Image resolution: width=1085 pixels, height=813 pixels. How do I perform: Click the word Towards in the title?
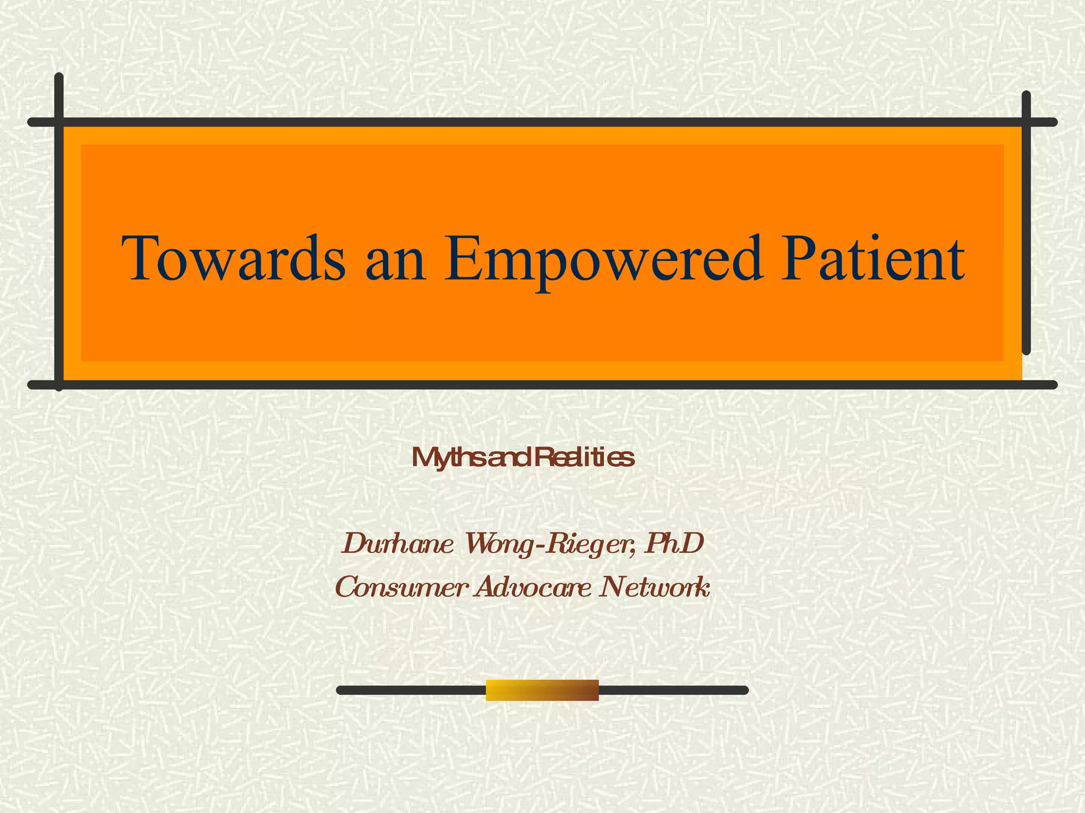233,259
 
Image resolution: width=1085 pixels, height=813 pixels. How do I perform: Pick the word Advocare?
532,587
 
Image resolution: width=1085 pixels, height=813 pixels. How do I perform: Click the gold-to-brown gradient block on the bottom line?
542,690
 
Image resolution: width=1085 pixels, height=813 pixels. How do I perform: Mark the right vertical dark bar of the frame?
1026,222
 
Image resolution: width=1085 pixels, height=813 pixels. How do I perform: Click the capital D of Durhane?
355,544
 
